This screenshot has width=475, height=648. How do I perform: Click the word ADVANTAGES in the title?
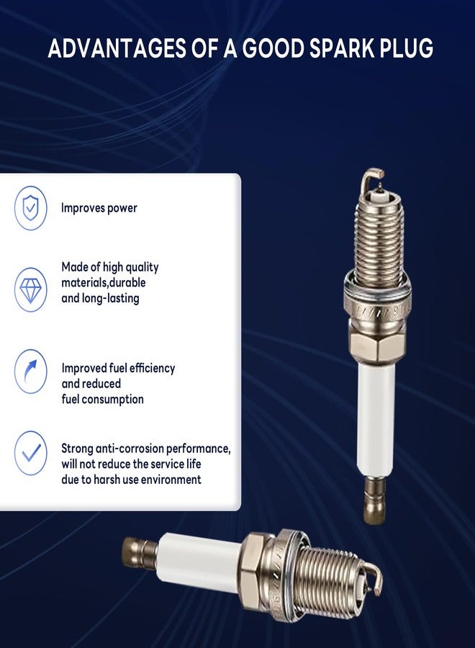point(117,48)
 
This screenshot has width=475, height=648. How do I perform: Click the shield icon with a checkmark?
point(30,207)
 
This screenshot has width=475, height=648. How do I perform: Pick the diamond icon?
point(30,289)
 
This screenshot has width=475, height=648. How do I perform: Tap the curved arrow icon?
point(30,371)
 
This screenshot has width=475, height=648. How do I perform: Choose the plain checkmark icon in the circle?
point(30,453)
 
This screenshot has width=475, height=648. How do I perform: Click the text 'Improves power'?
point(99,208)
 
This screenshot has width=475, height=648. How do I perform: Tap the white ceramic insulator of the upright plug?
point(376,420)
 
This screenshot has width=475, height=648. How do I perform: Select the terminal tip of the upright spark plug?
point(375,501)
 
